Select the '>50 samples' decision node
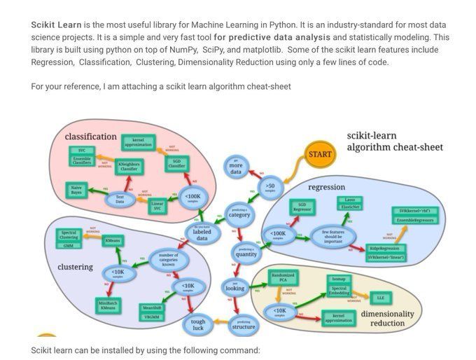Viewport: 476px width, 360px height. (271, 186)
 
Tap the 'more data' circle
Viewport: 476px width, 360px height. (236, 167)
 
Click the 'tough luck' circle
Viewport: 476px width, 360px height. (198, 324)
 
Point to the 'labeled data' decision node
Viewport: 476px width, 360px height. (202, 234)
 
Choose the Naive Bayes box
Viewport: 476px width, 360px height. (78, 189)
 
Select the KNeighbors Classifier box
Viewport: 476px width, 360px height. (128, 167)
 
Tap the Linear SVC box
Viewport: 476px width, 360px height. (158, 207)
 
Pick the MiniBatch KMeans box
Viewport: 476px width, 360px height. (108, 305)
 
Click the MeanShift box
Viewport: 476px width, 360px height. (152, 307)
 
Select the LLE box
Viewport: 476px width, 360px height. (381, 298)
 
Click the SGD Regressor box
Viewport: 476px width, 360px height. (302, 207)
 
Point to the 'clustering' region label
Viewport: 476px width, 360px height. (75, 267)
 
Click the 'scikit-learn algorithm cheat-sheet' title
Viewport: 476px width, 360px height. (394, 141)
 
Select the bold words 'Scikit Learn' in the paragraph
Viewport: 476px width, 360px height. (56, 25)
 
